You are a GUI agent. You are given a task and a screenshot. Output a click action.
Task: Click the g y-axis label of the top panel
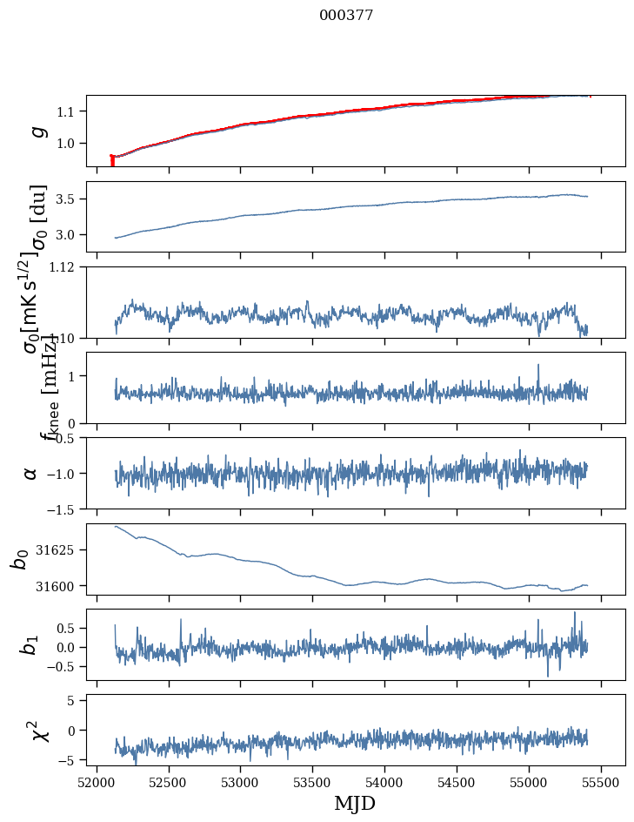coord(37,131)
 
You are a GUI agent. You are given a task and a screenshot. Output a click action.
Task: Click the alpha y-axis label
coord(30,473)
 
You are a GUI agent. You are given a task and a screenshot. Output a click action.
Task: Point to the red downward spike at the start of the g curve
coord(112,161)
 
